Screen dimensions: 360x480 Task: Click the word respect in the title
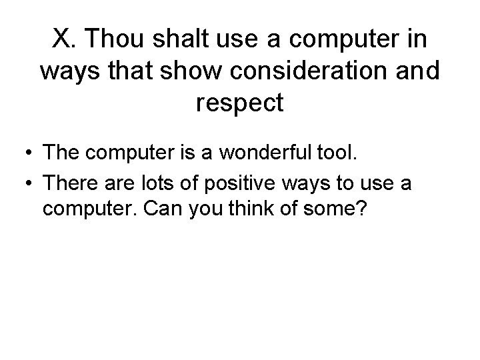[x=240, y=103]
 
